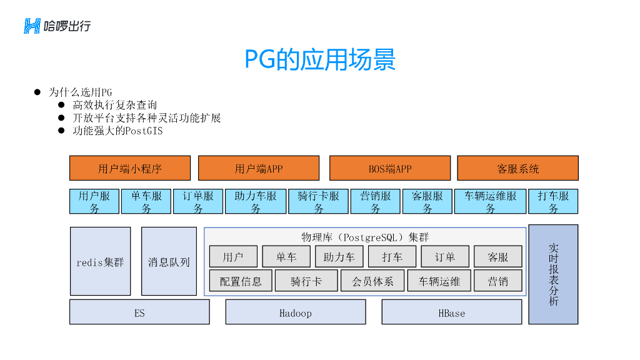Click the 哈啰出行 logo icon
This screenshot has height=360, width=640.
click(32, 26)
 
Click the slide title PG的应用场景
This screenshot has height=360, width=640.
click(319, 60)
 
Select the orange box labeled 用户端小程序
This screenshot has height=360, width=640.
click(130, 168)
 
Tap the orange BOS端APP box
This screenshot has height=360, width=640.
click(389, 168)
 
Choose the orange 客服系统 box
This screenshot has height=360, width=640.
click(517, 168)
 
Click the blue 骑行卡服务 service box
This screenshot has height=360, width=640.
click(318, 201)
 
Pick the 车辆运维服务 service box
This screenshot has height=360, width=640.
click(490, 201)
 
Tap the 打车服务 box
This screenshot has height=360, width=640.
click(553, 201)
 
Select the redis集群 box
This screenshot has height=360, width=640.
click(100, 261)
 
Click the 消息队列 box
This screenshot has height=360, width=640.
click(169, 261)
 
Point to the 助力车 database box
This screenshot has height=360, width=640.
click(339, 257)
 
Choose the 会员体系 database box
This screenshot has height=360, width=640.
click(372, 281)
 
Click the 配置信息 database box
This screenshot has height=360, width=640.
click(241, 281)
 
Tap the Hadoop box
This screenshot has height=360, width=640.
click(295, 312)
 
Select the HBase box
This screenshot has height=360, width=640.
click(451, 312)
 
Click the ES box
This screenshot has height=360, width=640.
click(139, 312)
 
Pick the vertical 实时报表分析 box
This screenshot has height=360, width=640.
click(553, 274)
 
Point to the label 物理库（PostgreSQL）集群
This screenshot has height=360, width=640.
click(365, 237)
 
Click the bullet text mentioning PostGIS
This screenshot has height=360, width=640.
click(117, 131)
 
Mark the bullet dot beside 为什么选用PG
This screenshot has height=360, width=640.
click(37, 92)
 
